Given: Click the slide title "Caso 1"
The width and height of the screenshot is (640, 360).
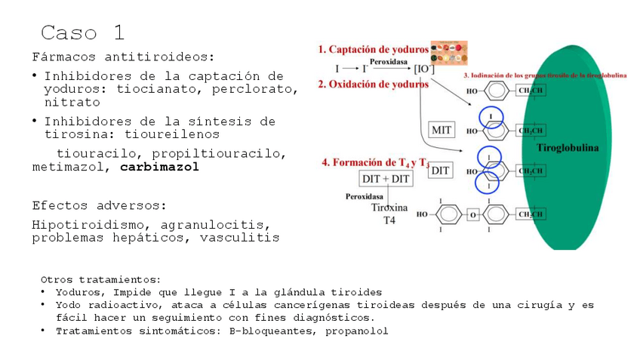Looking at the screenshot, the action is click(x=82, y=32).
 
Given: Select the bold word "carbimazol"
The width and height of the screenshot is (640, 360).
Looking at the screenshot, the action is click(x=159, y=167).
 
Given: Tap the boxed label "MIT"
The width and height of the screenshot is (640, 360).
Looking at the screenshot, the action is click(x=442, y=130).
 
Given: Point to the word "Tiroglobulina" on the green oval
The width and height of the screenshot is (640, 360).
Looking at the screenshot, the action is click(x=567, y=148).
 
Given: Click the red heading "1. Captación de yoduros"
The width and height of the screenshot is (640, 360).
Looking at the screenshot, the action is click(x=373, y=49).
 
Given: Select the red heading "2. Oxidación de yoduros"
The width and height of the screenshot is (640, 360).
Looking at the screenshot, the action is click(x=373, y=85).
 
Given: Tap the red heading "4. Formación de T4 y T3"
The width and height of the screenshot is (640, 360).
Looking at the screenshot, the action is click(x=376, y=162).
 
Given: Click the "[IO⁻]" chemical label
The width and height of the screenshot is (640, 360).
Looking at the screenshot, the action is click(x=423, y=68).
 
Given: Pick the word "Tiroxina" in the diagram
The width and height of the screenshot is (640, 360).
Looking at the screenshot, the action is click(x=389, y=208).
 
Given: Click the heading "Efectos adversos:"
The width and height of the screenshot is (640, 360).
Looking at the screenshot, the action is click(x=99, y=205).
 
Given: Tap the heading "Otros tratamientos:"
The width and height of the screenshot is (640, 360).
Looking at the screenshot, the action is click(x=100, y=279).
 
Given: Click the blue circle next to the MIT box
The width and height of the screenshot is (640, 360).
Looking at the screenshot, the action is click(x=491, y=117).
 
